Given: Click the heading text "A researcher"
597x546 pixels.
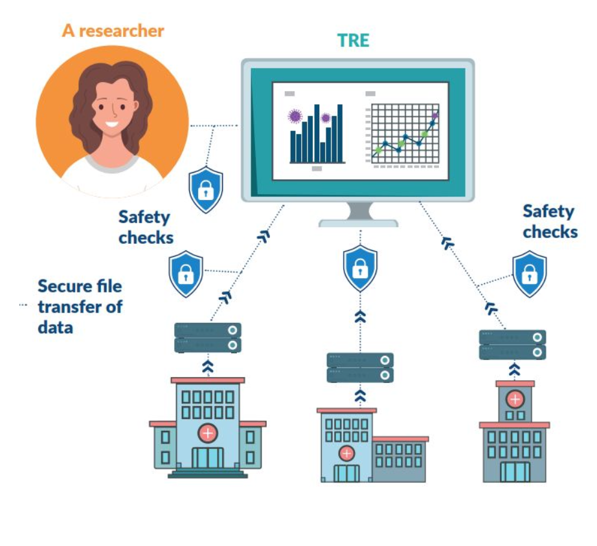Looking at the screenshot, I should point(113,30).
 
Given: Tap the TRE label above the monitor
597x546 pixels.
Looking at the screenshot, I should point(353,40).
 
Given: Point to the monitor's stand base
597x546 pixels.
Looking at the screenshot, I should point(358,222).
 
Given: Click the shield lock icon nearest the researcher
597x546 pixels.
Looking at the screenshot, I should point(205,190).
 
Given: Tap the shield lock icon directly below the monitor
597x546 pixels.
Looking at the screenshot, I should point(359,268).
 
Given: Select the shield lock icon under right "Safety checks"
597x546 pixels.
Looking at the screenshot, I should point(529,274).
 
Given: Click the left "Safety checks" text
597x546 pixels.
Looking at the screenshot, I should point(146,227).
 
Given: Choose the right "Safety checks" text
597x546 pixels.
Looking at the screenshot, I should point(550,221).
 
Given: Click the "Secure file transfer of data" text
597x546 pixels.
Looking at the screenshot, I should point(80,306).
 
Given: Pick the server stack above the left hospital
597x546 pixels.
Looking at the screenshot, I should point(207,338).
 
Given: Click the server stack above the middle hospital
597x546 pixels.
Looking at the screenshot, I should point(360,367).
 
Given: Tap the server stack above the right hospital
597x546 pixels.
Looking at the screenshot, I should point(512,344).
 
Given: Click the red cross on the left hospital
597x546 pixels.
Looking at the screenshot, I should point(207,433).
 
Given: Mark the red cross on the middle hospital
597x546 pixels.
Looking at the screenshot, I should point(347,453).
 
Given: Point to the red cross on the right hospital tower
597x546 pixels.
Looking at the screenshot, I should point(515,398).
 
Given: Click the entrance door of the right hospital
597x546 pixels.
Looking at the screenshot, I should point(515,472).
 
